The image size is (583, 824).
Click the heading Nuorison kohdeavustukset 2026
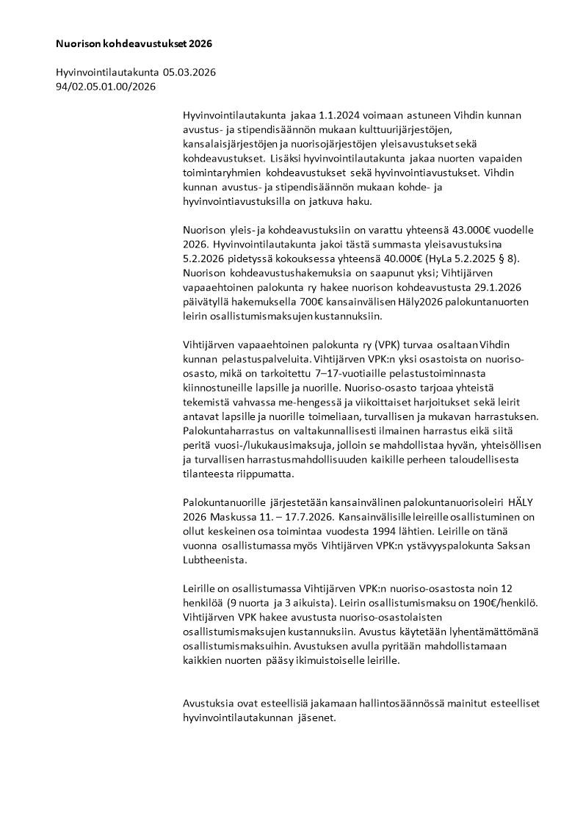[134, 44]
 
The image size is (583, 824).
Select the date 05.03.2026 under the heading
[189, 73]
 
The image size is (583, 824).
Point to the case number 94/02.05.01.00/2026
[106, 87]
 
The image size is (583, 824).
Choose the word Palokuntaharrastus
[230, 431]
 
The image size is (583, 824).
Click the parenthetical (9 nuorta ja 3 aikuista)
[272, 602]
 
